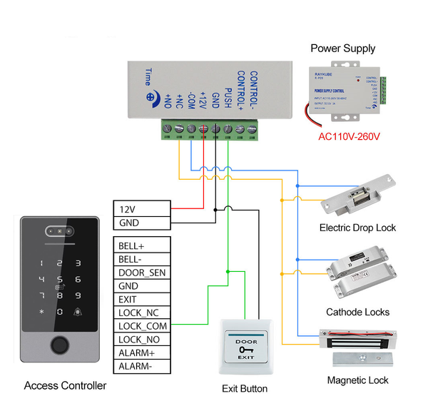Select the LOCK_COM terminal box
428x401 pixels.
(x=142, y=326)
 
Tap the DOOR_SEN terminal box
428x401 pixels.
(x=142, y=273)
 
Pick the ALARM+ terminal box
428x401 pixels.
(x=142, y=353)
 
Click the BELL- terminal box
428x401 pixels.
(x=142, y=259)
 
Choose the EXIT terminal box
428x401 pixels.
(x=142, y=300)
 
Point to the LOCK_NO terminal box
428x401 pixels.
(x=142, y=340)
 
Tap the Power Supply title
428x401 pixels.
(x=342, y=49)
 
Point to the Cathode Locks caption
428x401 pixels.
(x=357, y=312)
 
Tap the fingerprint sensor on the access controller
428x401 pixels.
(x=59, y=347)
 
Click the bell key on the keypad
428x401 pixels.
(x=78, y=313)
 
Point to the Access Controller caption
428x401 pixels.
(x=65, y=385)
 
